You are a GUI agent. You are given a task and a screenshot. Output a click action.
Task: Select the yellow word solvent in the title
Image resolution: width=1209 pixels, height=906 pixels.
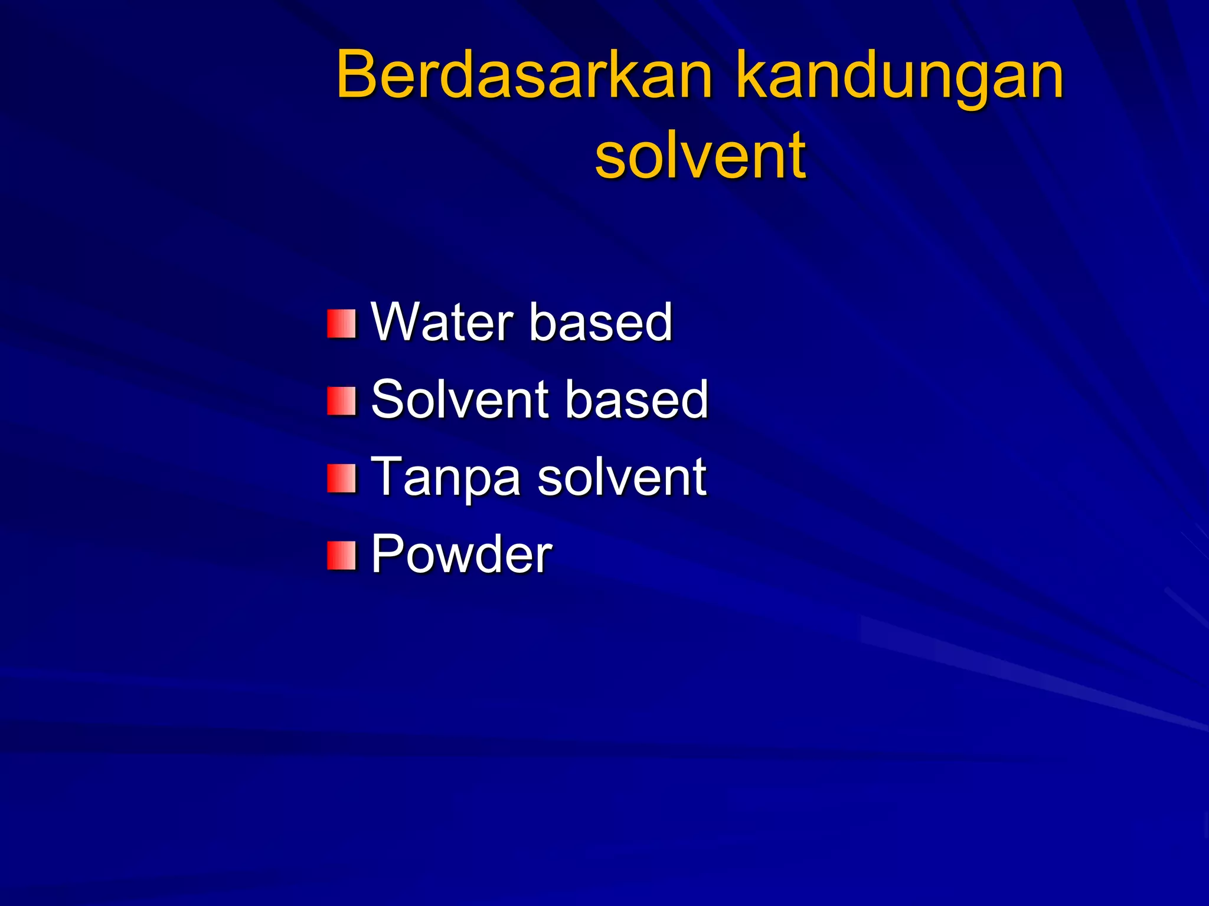click(700, 156)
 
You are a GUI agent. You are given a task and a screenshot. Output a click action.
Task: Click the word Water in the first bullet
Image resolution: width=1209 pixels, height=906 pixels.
click(442, 322)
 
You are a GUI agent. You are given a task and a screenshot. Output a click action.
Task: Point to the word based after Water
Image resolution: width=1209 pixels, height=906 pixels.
click(601, 322)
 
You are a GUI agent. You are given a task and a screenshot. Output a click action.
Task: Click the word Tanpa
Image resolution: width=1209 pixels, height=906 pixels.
click(446, 477)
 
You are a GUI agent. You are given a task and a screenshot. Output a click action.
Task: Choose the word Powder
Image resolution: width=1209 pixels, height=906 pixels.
click(461, 554)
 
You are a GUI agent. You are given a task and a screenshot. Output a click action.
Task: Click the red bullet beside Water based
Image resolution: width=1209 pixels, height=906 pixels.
click(342, 324)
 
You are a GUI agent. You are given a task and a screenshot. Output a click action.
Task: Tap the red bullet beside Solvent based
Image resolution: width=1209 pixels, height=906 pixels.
click(342, 401)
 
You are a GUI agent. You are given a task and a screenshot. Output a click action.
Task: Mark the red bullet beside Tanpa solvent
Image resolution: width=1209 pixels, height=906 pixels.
click(342, 478)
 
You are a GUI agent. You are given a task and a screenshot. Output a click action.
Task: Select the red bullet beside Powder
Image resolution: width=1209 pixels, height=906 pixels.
click(342, 556)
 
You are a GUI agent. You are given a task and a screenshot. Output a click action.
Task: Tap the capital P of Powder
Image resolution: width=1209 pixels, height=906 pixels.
click(387, 554)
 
